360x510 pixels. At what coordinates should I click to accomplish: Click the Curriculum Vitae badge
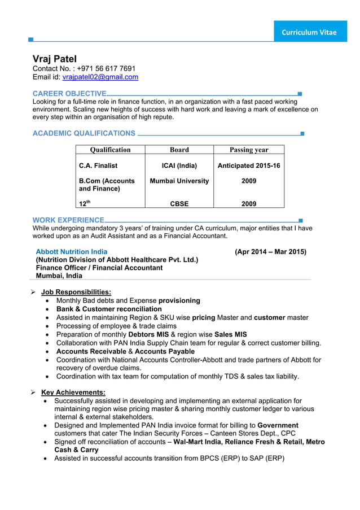309,32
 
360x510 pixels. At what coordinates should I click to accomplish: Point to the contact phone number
106,68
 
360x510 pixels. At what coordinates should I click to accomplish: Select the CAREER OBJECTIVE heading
69,93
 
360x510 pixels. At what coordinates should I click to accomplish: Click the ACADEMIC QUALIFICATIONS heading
84,133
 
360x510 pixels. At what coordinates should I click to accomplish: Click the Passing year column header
249,150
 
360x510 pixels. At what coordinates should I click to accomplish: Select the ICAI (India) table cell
179,165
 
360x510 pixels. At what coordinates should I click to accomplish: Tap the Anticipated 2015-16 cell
249,165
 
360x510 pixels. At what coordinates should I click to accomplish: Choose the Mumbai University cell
179,181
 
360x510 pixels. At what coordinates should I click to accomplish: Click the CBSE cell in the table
179,204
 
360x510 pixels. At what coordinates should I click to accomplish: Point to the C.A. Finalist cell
98,165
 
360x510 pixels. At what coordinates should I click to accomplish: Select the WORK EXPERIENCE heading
68,220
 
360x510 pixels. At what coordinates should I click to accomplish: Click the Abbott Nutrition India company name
72,251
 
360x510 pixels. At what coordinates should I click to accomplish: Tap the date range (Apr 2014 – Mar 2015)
270,251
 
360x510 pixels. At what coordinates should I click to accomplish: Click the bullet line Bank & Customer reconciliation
109,309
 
